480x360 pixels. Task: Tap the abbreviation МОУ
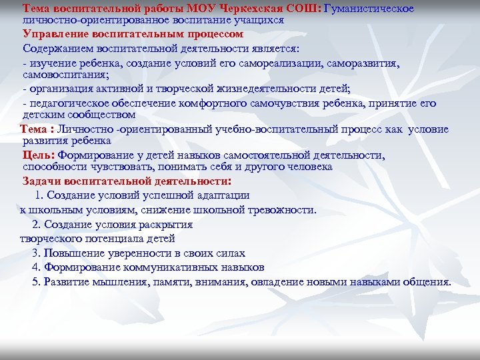205,9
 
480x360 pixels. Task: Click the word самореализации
288,63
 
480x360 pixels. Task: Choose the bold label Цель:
38,155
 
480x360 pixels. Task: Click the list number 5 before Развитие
35,281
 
